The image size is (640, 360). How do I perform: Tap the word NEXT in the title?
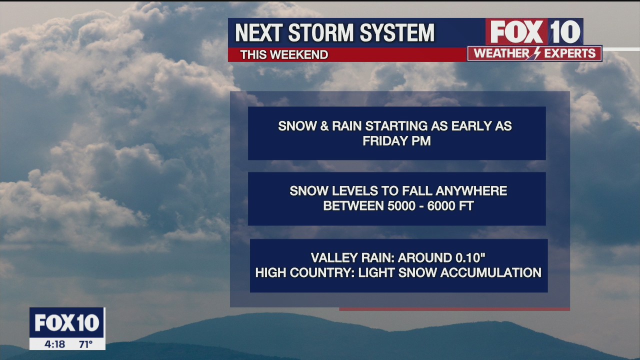pos(259,32)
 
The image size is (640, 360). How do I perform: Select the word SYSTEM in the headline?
pos(397,32)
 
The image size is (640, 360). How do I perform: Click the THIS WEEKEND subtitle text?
pos(284,54)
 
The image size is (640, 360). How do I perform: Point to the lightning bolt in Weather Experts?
pos(537,53)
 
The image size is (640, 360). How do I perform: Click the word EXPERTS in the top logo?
pos(569,53)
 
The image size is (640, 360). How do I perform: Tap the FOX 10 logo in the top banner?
pos(534,32)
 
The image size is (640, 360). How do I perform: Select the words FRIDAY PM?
pos(396,141)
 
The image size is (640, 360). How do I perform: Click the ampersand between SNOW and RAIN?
pos(324,126)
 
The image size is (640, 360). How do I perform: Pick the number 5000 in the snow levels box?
pos(401,205)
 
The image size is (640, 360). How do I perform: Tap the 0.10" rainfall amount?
pos(470,257)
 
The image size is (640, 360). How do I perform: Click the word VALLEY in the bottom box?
pos(334,257)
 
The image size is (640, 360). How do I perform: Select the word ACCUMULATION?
pos(491,272)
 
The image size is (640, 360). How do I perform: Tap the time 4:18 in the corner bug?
pos(54,344)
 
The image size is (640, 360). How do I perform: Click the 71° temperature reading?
pos(86,344)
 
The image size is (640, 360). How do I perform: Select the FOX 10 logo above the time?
pos(67,322)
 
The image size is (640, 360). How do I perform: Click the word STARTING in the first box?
pos(396,126)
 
